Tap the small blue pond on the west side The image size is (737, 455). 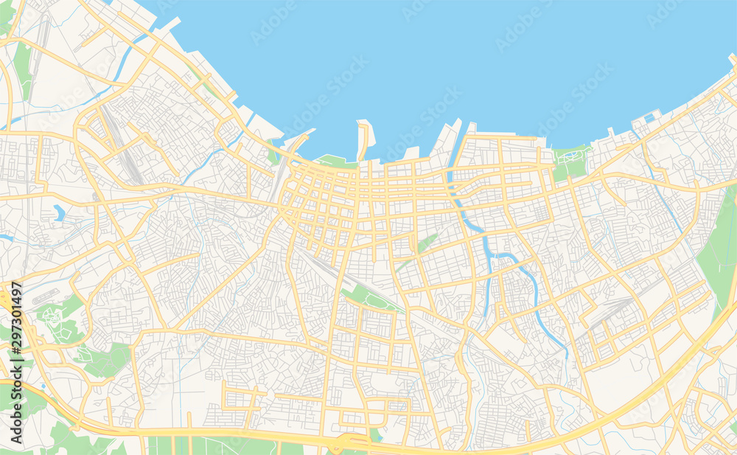click(x=58, y=213)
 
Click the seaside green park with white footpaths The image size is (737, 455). click(x=571, y=161)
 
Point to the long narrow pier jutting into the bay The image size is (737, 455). click(x=363, y=140)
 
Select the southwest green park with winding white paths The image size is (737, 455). click(x=53, y=317)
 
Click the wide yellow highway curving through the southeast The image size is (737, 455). click(x=649, y=383)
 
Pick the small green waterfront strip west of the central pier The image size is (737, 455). click(x=332, y=160)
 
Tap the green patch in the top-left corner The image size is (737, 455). click(x=6, y=18)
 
